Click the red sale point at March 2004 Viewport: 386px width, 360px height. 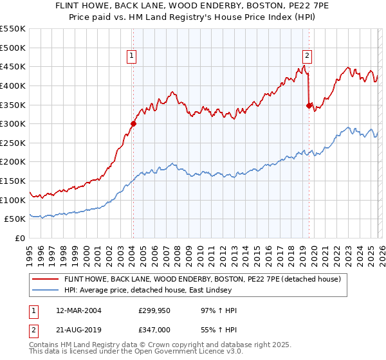[x=133, y=124]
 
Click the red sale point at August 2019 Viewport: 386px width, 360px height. [x=309, y=105]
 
